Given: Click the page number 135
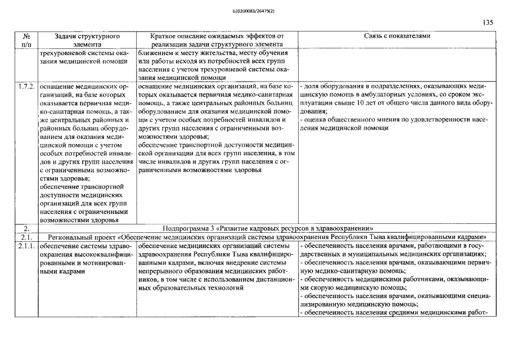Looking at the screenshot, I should point(488,23).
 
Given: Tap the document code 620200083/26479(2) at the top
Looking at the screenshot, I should point(254,10).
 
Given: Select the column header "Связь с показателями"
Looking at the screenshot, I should point(397,36).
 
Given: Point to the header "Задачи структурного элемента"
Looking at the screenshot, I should point(87,39).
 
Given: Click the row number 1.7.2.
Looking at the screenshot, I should point(26,87).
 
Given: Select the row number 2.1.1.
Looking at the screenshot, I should point(26,246).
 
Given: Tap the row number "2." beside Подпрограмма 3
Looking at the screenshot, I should point(26,228).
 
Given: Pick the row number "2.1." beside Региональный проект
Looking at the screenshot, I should point(26,237).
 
